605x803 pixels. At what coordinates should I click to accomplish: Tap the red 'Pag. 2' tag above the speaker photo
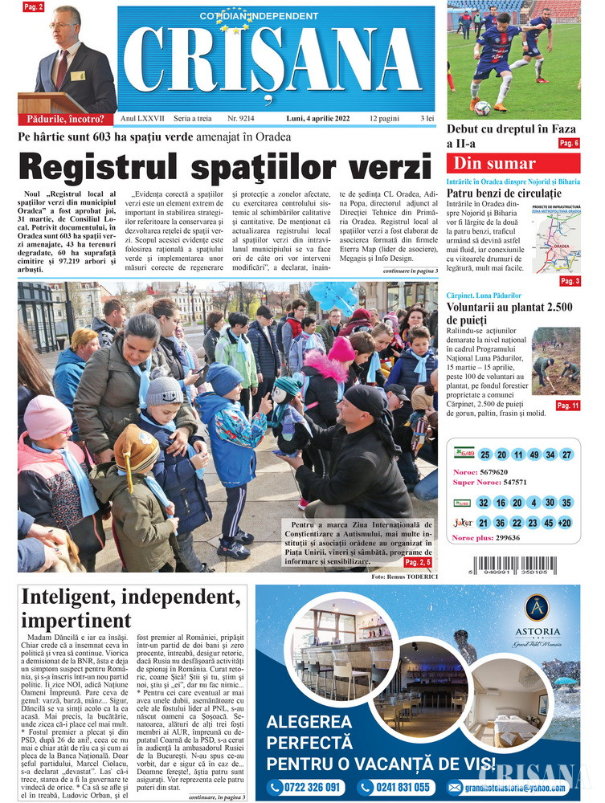34,7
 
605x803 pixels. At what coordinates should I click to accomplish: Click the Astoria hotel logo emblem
536,608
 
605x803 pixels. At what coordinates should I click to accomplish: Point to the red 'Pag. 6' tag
569,143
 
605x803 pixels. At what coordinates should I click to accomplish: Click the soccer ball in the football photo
482,108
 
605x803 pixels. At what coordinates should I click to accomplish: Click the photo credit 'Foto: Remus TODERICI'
404,577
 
